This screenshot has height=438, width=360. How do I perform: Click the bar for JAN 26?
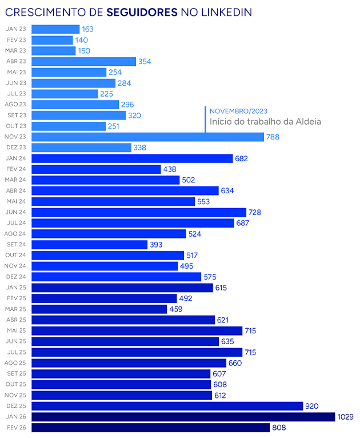pyautogui.click(x=183, y=417)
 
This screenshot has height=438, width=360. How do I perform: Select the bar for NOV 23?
pyautogui.click(x=147, y=137)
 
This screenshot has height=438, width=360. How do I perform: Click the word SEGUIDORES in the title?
pyautogui.click(x=142, y=11)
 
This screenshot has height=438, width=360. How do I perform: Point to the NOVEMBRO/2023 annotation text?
pyautogui.click(x=238, y=111)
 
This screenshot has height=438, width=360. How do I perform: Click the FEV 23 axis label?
pyautogui.click(x=16, y=40)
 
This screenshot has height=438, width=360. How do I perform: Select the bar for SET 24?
pyautogui.click(x=90, y=245)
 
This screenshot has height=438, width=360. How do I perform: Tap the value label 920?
pyautogui.click(x=312, y=406)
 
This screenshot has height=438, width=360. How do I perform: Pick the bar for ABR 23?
pyautogui.click(x=83, y=61)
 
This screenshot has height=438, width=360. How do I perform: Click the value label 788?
pyautogui.click(x=273, y=137)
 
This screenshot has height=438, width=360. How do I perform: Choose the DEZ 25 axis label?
pyautogui.click(x=16, y=406)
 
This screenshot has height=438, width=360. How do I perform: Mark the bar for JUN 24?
pyautogui.click(x=139, y=212)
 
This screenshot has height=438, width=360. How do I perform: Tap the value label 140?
pyautogui.click(x=82, y=40)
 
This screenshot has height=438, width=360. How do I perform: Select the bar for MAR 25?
pyautogui.click(x=99, y=309)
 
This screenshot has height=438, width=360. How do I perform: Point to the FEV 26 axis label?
pyautogui.click(x=16, y=428)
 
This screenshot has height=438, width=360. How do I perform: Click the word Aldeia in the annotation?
pyautogui.click(x=309, y=121)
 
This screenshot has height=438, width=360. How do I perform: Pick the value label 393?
pyautogui.click(x=156, y=245)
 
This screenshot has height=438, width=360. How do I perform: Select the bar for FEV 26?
pyautogui.click(x=150, y=428)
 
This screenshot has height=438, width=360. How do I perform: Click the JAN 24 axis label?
pyautogui.click(x=16, y=158)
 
